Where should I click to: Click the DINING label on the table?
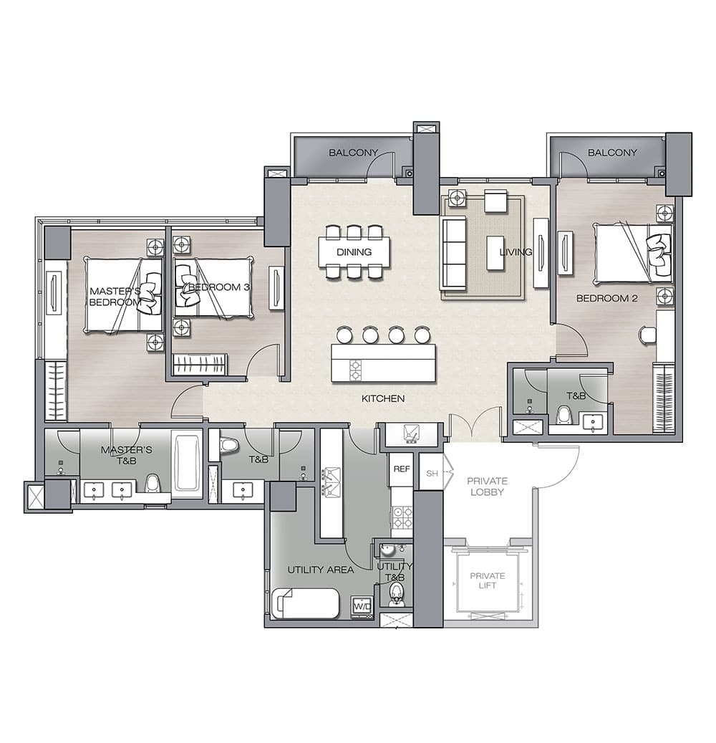[354, 252]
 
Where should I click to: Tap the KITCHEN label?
[383, 398]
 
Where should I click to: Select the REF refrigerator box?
[401, 469]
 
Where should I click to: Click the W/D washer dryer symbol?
[362, 606]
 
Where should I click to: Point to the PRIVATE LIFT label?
[488, 580]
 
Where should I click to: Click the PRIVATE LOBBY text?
[488, 486]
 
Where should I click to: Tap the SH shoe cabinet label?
[432, 474]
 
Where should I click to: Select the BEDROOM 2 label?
[606, 298]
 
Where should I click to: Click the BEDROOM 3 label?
[219, 287]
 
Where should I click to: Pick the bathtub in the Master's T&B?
[187, 464]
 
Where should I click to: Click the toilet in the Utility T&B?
[395, 594]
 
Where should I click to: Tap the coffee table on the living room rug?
[495, 253]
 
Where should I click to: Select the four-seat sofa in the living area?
[453, 253]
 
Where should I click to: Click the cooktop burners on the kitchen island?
[355, 370]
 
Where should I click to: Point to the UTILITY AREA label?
[321, 570]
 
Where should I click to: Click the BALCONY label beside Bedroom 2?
[612, 153]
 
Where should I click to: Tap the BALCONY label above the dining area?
[353, 153]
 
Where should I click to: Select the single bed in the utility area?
[306, 603]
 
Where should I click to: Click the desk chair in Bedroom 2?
[647, 335]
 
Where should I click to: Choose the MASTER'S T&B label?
[127, 454]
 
